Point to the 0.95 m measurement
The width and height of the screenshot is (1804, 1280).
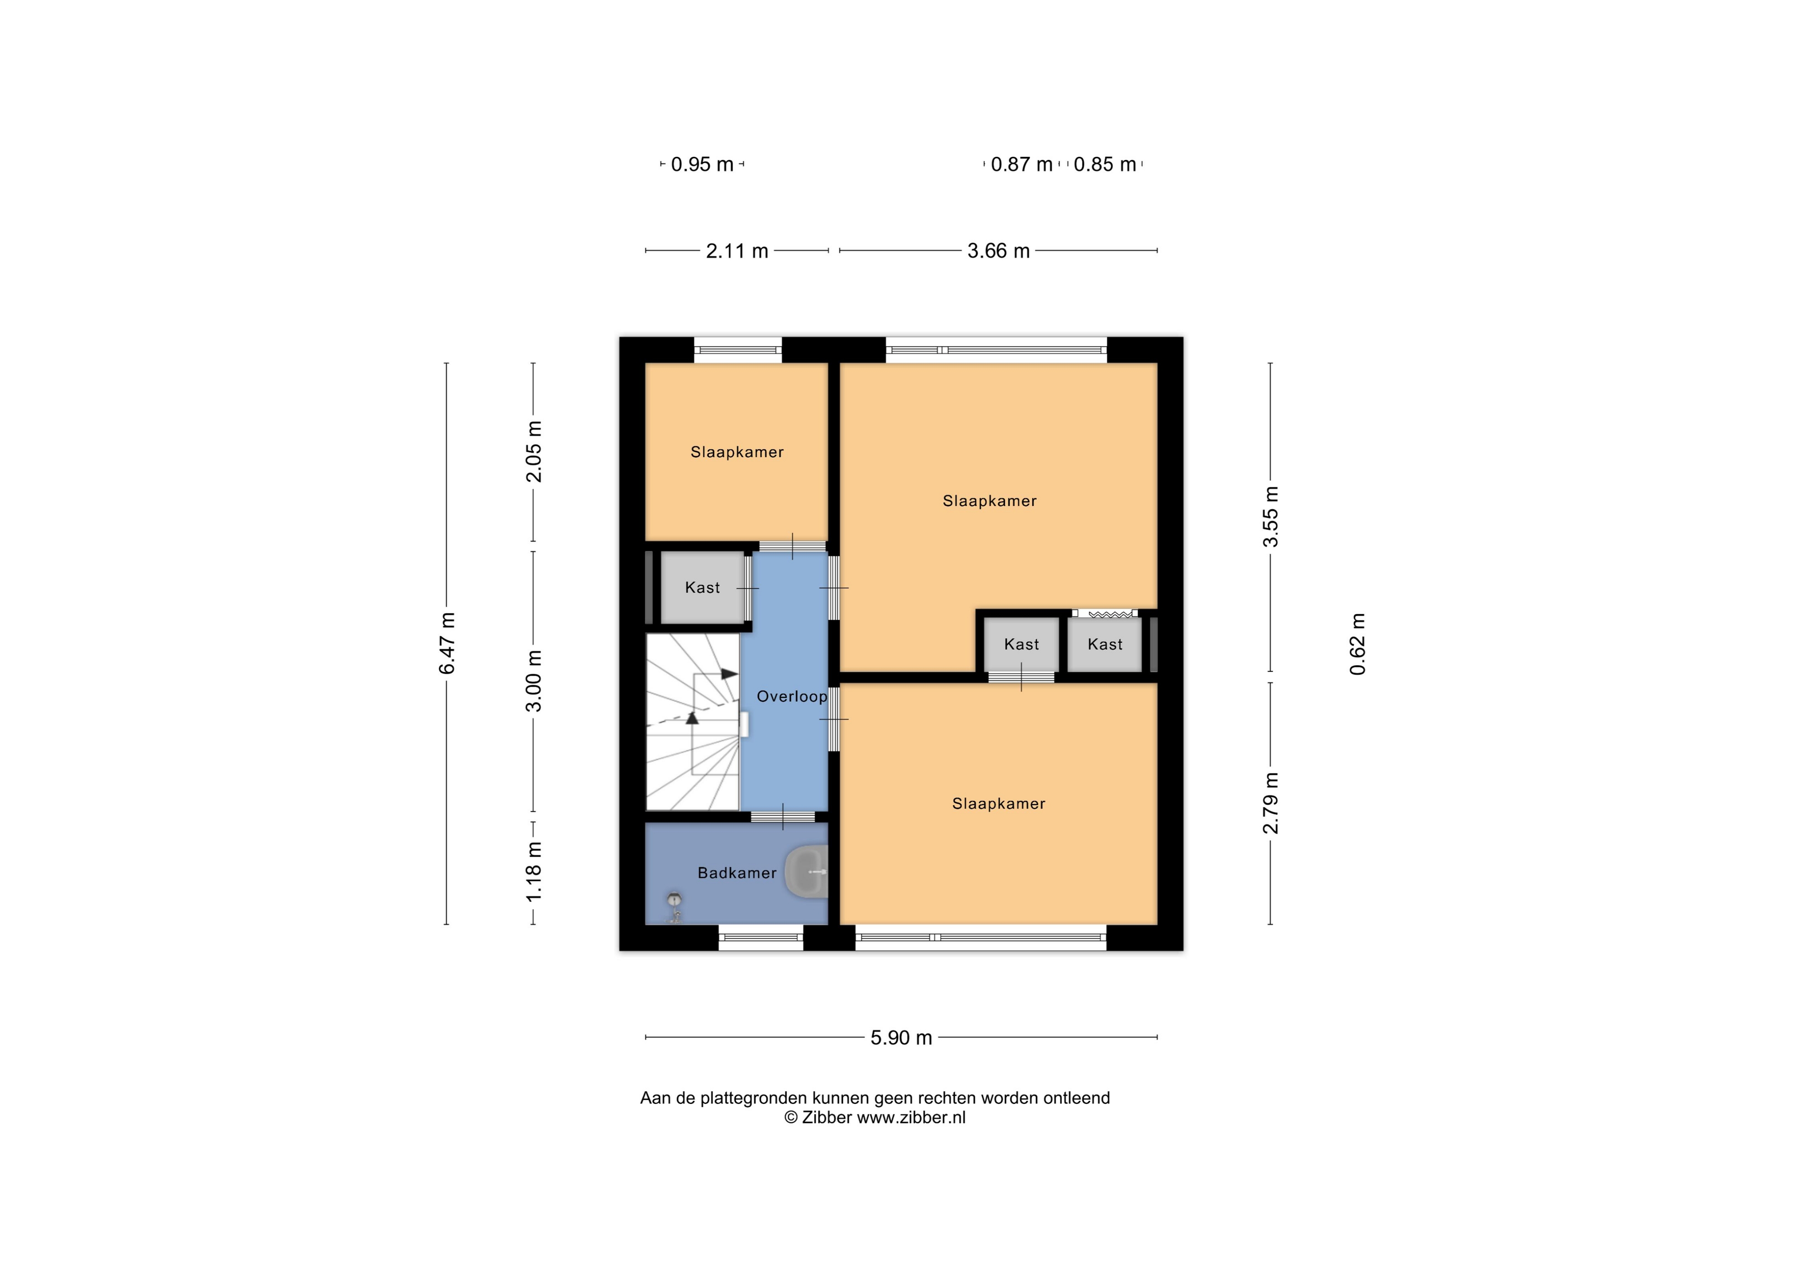702,164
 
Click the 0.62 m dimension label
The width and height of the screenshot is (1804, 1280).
1357,644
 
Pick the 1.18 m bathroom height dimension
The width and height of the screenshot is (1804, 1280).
534,872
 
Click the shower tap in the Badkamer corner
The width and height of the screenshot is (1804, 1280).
674,908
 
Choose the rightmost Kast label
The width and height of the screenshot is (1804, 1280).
1104,644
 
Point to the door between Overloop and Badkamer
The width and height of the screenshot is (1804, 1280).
782,816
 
